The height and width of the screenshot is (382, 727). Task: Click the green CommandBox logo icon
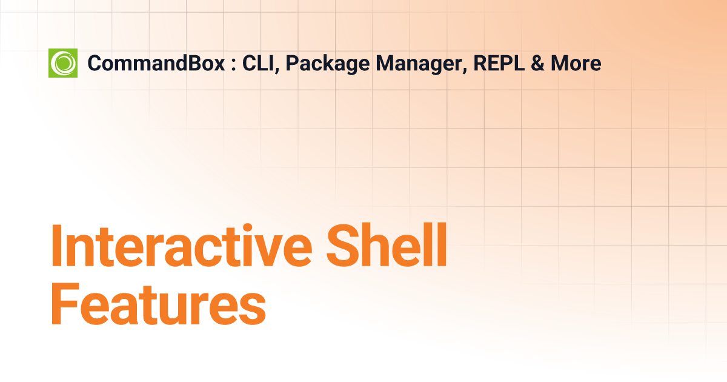63,63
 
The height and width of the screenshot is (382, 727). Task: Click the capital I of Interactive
56,247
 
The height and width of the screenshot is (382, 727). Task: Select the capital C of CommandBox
95,63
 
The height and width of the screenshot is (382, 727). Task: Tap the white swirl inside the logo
64,63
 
